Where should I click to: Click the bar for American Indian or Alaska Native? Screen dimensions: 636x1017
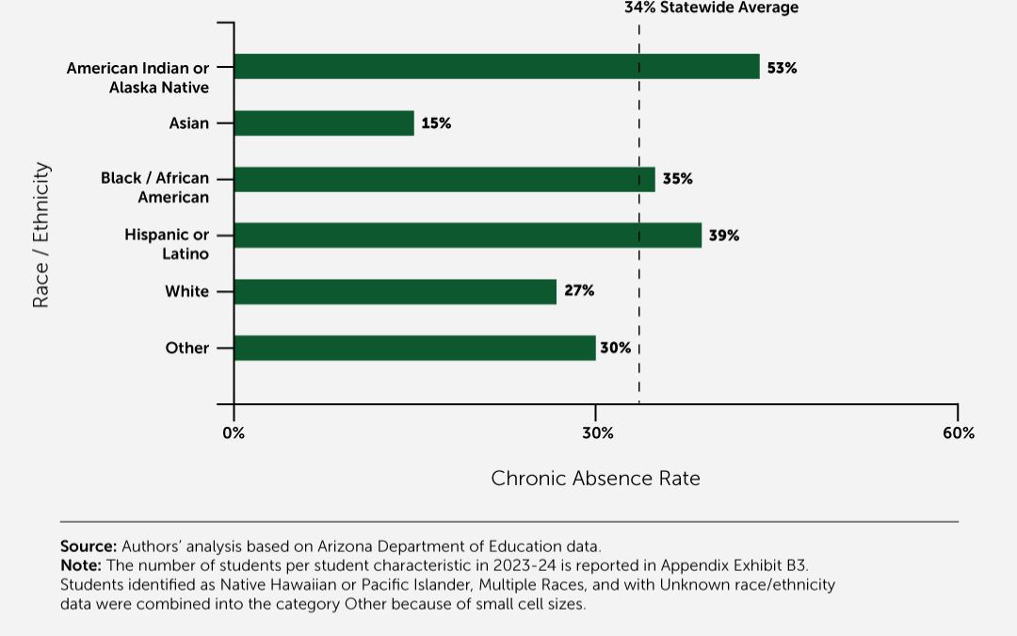coord(496,67)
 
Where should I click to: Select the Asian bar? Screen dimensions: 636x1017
coord(324,123)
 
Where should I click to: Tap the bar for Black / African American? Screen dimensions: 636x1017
coord(444,179)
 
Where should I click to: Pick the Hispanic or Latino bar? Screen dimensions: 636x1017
coord(467,236)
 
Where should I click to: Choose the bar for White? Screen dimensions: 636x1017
coord(395,292)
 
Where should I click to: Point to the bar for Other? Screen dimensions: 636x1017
coord(414,348)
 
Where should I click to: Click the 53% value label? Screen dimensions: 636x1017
coord(782,68)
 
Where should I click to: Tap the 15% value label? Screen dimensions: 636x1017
coord(436,123)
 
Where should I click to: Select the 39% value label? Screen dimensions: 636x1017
coord(724,236)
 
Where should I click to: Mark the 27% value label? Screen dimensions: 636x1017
coord(579,291)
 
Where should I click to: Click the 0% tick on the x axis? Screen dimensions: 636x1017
coord(234,433)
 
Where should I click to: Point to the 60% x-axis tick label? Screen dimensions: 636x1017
coord(958,433)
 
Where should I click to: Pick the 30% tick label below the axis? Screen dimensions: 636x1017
coord(597,433)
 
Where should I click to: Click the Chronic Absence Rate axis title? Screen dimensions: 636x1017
coord(595,479)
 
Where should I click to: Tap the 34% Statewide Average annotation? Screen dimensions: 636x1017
coord(711,8)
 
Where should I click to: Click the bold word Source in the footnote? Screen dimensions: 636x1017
coord(89,546)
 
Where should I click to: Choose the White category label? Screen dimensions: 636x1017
coord(186,292)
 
